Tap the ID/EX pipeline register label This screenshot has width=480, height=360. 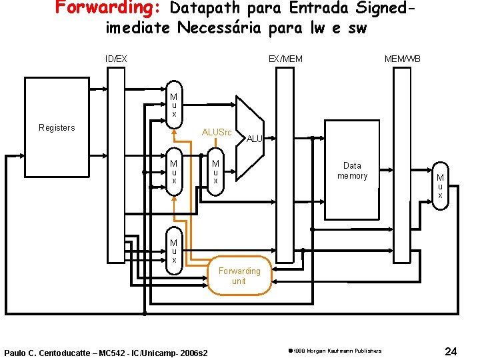click(116, 59)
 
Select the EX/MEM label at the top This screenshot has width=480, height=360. click(285, 59)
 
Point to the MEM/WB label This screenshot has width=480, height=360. click(402, 59)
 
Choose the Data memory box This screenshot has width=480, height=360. click(352, 171)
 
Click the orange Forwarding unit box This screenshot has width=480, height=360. click(239, 275)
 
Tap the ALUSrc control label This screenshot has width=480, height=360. click(217, 132)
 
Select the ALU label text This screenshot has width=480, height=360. click(255, 139)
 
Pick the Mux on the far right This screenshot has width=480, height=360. click(440, 186)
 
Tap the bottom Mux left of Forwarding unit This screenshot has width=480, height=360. click(173, 251)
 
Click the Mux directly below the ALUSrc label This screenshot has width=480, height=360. click(215, 172)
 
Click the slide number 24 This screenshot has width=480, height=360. click(450, 351)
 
